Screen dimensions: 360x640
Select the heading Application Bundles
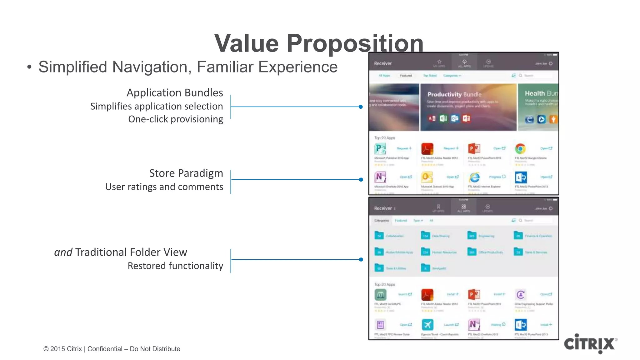pyautogui.click(x=175, y=93)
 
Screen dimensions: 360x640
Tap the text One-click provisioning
pyautogui.click(x=175, y=119)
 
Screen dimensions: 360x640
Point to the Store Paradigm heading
pyautogui.click(x=186, y=173)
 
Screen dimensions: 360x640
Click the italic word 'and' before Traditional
pyautogui.click(x=63, y=252)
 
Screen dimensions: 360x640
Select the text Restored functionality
pyautogui.click(x=175, y=266)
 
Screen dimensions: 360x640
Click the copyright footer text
pyautogui.click(x=112, y=349)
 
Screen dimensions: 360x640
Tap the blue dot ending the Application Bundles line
pyautogui.click(x=361, y=107)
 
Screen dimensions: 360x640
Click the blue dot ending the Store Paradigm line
pyautogui.click(x=361, y=180)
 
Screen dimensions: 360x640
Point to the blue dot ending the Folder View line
pyautogui.click(x=361, y=259)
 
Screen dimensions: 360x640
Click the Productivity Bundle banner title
pyautogui.click(x=454, y=94)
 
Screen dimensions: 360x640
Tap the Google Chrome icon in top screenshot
pyautogui.click(x=520, y=149)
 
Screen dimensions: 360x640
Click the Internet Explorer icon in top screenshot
pyautogui.click(x=474, y=177)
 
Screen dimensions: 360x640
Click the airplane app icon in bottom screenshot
pyautogui.click(x=427, y=325)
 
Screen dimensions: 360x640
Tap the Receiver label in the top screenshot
pyautogui.click(x=383, y=63)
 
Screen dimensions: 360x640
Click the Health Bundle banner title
pyautogui.click(x=541, y=93)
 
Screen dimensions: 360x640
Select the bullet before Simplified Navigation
pyautogui.click(x=29, y=67)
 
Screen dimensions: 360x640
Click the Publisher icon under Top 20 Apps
pyautogui.click(x=380, y=149)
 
